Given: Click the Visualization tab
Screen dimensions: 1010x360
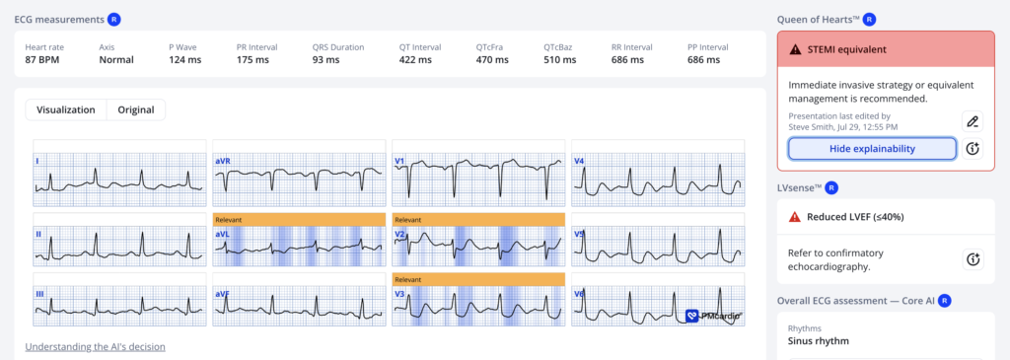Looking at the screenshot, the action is (66, 109).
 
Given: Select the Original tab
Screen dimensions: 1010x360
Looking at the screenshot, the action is (136, 109).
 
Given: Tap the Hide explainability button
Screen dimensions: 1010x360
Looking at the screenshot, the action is (872, 149).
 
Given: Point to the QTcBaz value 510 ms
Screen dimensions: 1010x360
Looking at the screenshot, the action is (560, 60).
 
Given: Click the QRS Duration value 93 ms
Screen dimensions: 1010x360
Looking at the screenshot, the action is (325, 60).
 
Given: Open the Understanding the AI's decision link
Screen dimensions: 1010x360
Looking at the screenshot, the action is (96, 346).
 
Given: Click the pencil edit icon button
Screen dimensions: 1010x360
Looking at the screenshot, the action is (973, 121).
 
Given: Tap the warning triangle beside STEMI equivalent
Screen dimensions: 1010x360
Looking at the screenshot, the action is (796, 49).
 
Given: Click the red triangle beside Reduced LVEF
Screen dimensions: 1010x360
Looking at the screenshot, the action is (795, 217).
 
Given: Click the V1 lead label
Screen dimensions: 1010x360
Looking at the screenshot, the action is (400, 161).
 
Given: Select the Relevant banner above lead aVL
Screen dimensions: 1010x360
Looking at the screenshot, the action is (299, 220).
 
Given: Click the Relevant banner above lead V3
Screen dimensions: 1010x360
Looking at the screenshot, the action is (478, 279).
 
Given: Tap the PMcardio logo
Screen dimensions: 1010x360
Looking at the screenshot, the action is (714, 316).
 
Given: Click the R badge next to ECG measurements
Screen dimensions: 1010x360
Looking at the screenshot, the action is (114, 20).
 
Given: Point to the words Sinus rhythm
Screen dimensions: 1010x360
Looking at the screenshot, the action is (817, 340).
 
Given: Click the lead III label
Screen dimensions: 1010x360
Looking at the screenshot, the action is (39, 294).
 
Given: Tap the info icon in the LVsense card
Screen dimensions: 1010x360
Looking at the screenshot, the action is (973, 258).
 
